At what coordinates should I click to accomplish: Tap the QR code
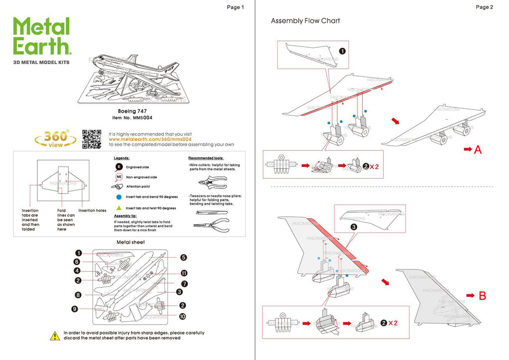click(x=91, y=139)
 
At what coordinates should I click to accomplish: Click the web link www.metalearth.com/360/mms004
click(x=150, y=139)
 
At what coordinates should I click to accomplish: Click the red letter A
click(x=477, y=149)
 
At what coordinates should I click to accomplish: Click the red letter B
click(x=482, y=296)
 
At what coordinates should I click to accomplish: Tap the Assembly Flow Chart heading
click(x=305, y=21)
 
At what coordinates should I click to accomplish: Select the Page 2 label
click(x=484, y=7)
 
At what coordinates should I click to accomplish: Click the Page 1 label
click(x=235, y=7)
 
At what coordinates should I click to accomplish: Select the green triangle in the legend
click(x=119, y=208)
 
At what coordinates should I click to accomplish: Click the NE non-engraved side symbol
click(x=119, y=177)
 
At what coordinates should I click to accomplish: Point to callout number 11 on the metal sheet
click(x=184, y=273)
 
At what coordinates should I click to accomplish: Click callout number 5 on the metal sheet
click(x=183, y=258)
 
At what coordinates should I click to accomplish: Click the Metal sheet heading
click(x=131, y=242)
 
